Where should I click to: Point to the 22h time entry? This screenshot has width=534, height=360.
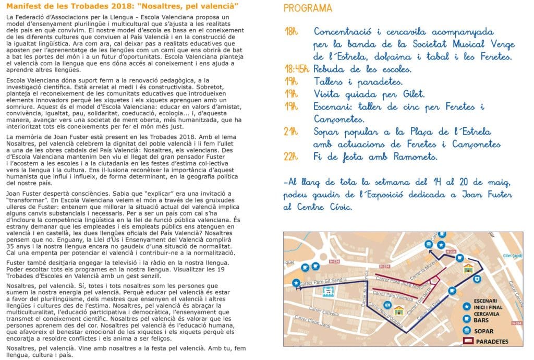pyautogui.click(x=292, y=157)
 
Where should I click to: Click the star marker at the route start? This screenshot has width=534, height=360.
pyautogui.click(x=296, y=283)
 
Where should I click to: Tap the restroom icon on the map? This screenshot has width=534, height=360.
pyautogui.click(x=386, y=305)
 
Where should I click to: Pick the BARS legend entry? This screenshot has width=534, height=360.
pyautogui.click(x=484, y=321)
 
